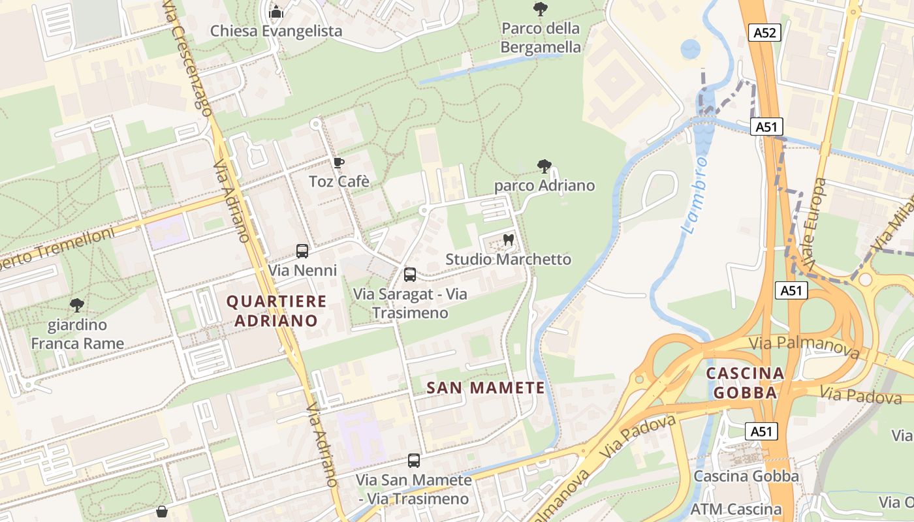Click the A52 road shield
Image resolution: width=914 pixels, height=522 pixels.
pyautogui.click(x=766, y=33)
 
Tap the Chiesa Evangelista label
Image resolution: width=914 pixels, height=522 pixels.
pyautogui.click(x=276, y=31)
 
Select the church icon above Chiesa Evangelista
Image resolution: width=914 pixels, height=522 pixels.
pyautogui.click(x=276, y=11)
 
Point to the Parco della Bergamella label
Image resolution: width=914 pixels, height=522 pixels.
pyautogui.click(x=541, y=38)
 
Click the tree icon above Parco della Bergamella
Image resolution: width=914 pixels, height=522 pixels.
pyautogui.click(x=540, y=8)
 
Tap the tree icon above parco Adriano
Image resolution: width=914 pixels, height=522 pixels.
pyautogui.click(x=544, y=166)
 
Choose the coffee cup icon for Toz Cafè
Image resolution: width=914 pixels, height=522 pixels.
pyautogui.click(x=338, y=162)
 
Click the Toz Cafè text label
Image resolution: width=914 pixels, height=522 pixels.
pyautogui.click(x=339, y=181)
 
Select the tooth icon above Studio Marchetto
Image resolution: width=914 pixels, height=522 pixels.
pyautogui.click(x=509, y=240)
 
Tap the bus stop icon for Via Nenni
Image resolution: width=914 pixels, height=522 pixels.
pyautogui.click(x=302, y=251)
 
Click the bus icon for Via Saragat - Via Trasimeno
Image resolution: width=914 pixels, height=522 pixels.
pyautogui.click(x=410, y=275)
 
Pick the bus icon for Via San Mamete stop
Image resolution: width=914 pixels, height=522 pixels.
pyautogui.click(x=414, y=461)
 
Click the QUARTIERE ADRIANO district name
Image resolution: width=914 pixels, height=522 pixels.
pyautogui.click(x=276, y=311)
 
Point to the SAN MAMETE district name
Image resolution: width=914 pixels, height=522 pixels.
pyautogui.click(x=486, y=388)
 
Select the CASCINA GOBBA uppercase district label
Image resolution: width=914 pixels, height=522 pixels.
pyautogui.click(x=745, y=383)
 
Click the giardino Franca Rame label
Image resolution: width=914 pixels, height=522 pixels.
pyautogui.click(x=78, y=334)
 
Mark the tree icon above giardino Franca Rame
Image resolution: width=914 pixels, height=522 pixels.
pyautogui.click(x=77, y=305)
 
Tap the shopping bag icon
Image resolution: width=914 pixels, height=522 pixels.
pyautogui.click(x=162, y=512)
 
